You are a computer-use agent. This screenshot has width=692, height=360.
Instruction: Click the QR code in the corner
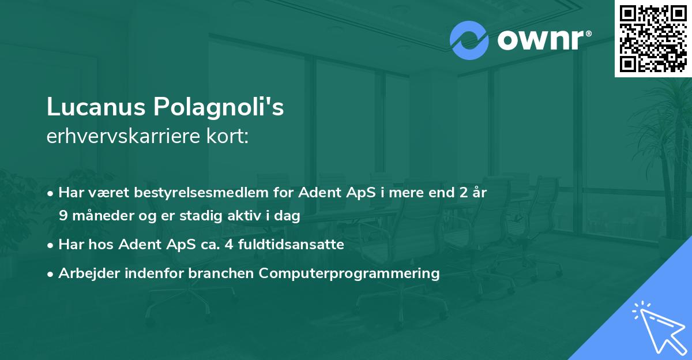[653, 38]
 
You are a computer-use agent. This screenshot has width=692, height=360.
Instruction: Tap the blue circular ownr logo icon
[469, 40]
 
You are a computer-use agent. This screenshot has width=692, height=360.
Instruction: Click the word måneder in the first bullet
[97, 216]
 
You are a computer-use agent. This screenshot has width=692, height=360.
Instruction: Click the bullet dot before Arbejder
[51, 274]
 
